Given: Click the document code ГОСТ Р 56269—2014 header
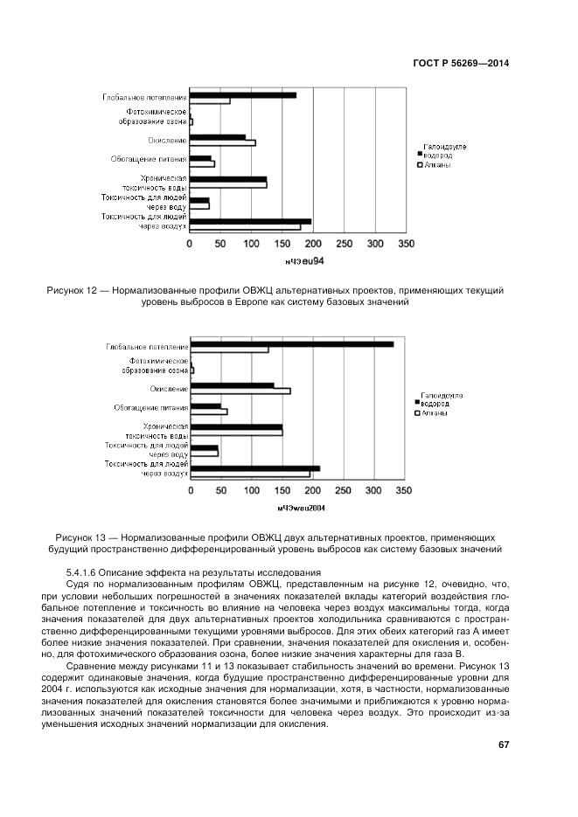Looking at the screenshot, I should point(461,63).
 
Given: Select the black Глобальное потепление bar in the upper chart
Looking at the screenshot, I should point(243,95).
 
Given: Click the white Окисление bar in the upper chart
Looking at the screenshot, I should point(223,142).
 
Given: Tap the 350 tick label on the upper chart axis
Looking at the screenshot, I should point(406,243).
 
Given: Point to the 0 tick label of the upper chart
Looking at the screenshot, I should point(191,243).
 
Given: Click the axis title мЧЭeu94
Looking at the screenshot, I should point(303,261).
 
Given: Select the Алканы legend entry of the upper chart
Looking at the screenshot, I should point(436,164).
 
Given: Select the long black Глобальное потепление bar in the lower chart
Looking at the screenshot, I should point(292,343).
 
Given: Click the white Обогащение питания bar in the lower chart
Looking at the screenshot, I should point(209,412).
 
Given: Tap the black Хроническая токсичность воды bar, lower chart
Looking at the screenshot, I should point(236,426).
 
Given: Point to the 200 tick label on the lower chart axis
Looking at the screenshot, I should point(312,491).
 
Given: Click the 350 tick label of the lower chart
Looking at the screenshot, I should point(404,491).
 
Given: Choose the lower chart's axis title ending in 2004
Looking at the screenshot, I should point(301,508).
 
